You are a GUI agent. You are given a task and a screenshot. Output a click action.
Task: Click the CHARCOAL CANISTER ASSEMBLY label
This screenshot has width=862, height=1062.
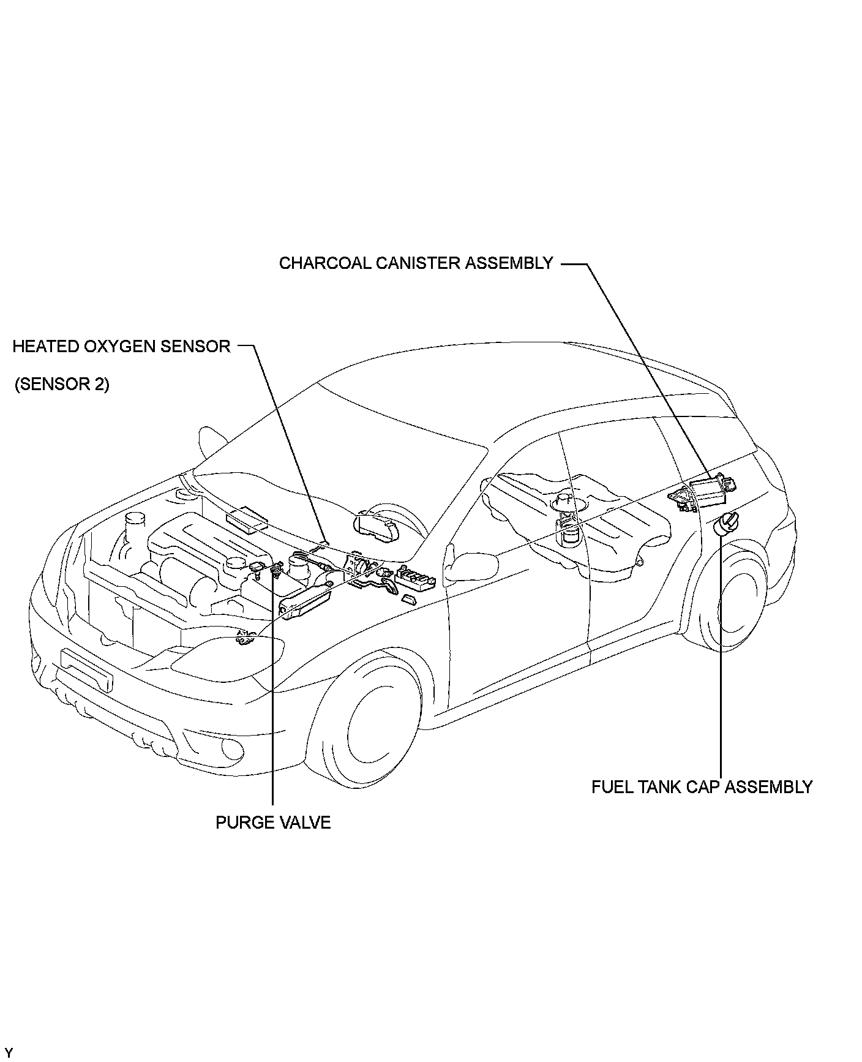coord(416,263)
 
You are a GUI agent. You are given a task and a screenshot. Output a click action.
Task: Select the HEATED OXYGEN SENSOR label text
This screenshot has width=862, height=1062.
coord(121,347)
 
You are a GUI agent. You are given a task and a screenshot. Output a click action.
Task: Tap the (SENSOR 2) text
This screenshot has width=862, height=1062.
coord(62,385)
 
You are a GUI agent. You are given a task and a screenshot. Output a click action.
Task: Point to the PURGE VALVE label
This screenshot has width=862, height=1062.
coord(272,823)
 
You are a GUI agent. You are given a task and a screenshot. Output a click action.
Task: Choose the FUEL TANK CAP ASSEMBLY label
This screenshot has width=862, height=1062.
coord(702,787)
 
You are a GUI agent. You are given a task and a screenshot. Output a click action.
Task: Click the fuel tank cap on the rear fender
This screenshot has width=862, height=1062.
coord(723,524)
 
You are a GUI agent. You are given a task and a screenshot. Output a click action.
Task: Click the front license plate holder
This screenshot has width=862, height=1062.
coord(87,671)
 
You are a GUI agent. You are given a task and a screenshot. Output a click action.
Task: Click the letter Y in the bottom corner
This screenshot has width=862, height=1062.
coord(8,1052)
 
